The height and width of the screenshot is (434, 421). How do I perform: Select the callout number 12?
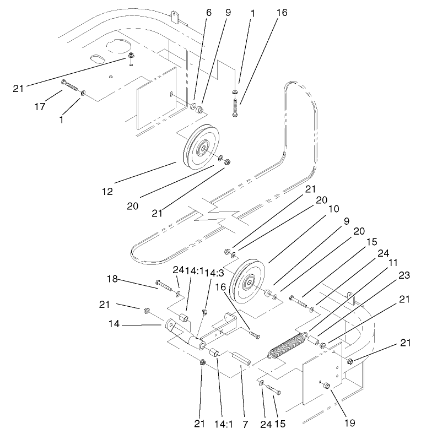(107, 192)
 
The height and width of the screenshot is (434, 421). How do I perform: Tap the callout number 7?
(245, 424)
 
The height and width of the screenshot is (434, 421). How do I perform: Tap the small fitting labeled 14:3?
(204, 312)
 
